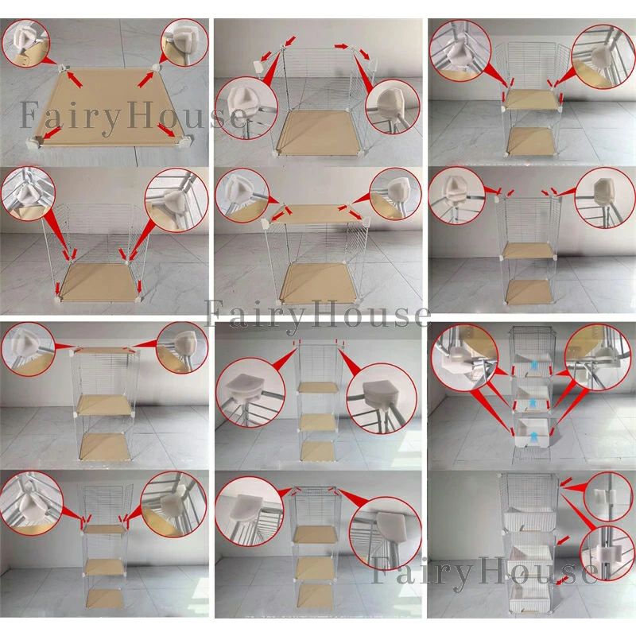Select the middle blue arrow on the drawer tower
(533, 401)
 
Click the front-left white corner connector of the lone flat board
(33, 142)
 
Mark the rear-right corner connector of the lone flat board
(157, 66)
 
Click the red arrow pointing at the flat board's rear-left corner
(74, 79)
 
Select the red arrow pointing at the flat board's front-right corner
(167, 130)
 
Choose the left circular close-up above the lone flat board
(25, 43)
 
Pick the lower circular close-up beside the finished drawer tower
(604, 553)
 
